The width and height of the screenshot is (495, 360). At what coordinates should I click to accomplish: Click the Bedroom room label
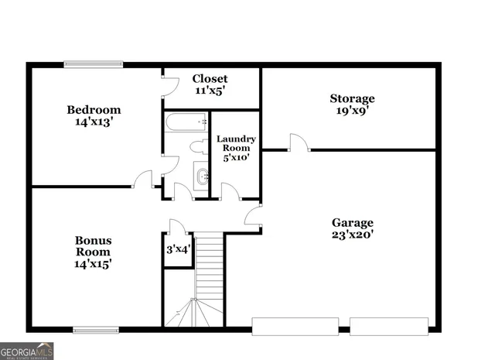coord(94,110)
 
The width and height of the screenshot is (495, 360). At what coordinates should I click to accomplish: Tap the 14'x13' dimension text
coord(94,122)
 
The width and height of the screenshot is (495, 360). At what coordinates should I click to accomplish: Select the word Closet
coord(210,79)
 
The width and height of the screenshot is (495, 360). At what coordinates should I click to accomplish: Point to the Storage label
coord(352,98)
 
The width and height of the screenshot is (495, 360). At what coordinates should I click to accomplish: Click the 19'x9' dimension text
coord(352,111)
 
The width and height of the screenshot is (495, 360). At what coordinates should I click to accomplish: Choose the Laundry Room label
coord(236,143)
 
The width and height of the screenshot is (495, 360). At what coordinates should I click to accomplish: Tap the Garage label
coord(353,222)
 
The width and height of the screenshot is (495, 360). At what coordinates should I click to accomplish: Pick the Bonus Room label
coord(93,245)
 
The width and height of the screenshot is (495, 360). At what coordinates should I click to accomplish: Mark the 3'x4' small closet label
coord(179,250)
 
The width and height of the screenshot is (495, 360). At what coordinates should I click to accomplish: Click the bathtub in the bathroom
coord(186,122)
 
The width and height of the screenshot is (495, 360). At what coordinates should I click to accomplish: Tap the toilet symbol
coord(197,147)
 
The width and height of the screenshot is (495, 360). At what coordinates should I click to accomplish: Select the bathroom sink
coord(201,177)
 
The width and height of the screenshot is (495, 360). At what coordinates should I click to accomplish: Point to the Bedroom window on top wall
coord(94,65)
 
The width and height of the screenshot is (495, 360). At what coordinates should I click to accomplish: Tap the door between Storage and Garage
coord(299,142)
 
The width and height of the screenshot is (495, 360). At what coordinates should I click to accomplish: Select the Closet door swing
coord(168,85)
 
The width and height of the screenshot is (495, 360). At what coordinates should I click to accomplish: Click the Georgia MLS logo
coord(27,351)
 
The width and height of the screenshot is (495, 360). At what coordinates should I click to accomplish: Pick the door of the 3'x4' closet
coord(176,226)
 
